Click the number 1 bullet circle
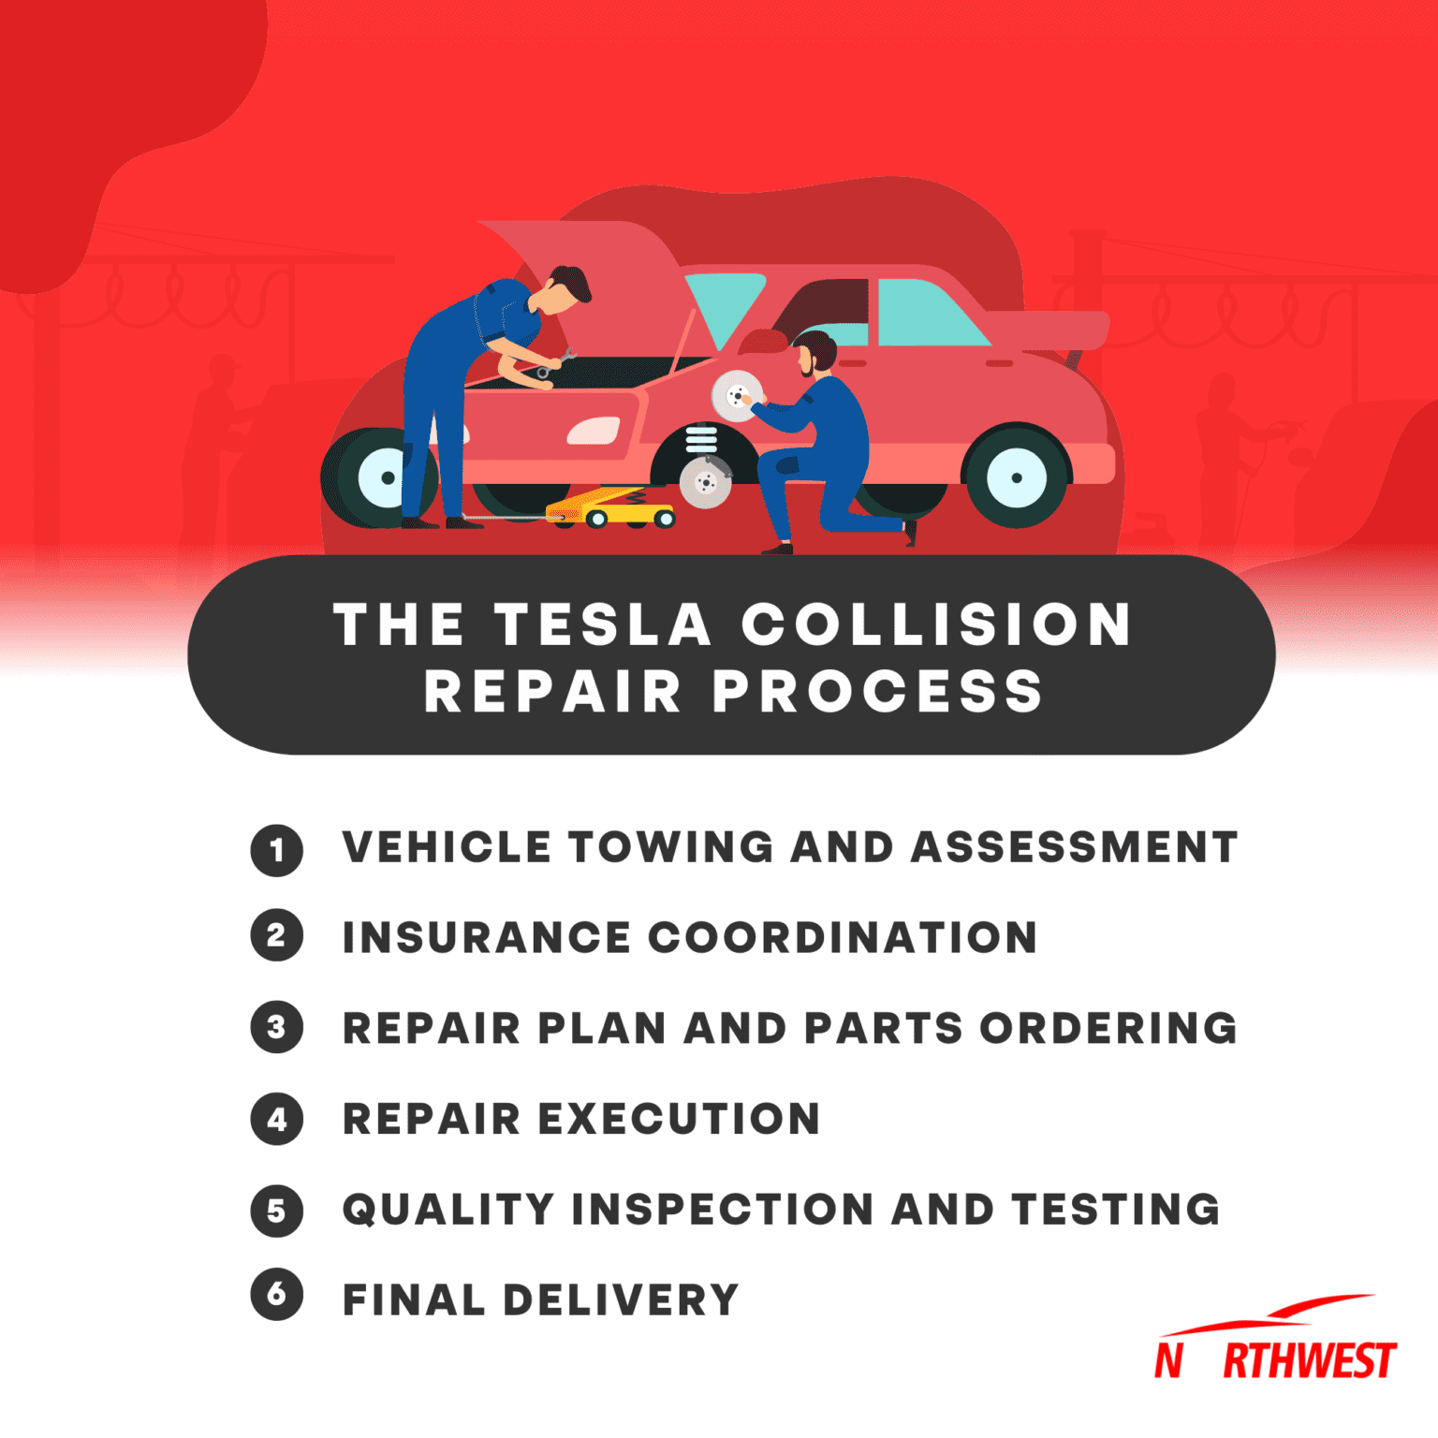276,850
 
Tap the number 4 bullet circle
276,1119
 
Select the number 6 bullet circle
276,1295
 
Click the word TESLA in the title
602,624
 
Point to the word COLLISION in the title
936,624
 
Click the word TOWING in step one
670,847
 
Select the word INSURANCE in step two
486,938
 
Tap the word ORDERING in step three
1108,1028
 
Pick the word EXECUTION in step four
679,1119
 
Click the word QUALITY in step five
448,1209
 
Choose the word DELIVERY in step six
621,1299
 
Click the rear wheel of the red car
1016,477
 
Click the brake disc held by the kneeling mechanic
736,396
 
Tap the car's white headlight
594,431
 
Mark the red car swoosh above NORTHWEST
1273,1313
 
